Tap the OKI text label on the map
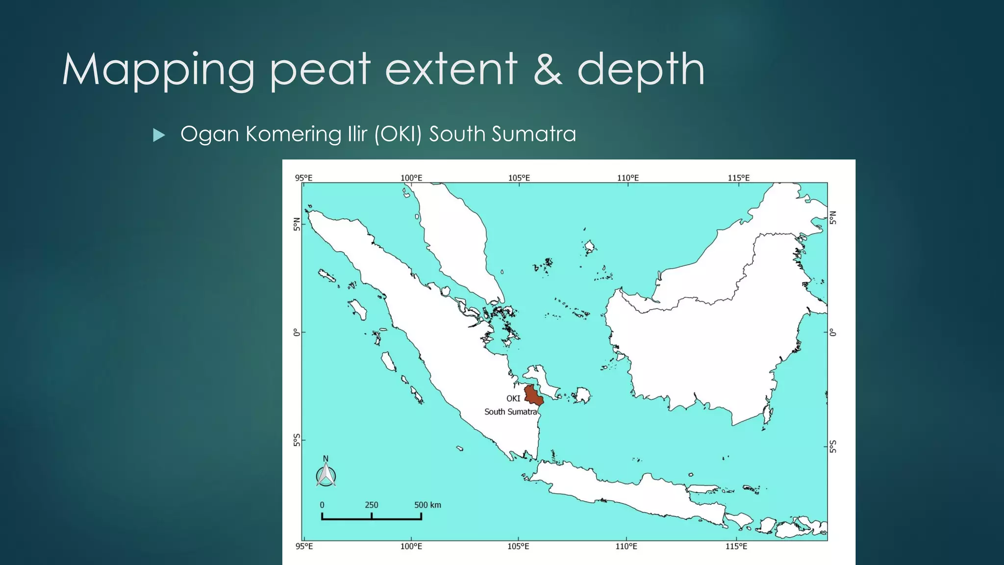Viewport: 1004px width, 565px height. click(513, 398)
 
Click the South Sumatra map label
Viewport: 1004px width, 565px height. click(510, 412)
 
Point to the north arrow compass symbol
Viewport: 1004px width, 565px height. click(326, 473)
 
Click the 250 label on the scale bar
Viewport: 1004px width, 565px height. click(371, 505)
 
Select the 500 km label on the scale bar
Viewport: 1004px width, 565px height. click(427, 505)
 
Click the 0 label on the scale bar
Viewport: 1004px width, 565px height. click(322, 505)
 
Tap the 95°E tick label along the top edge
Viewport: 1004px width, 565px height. click(303, 178)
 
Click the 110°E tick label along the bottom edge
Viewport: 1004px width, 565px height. click(627, 546)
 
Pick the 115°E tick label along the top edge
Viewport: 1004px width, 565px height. click(738, 178)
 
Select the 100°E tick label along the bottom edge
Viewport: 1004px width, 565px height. click(411, 546)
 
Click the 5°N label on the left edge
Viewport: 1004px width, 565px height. click(296, 224)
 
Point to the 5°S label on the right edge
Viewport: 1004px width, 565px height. click(833, 446)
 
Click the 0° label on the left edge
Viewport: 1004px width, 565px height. click(296, 333)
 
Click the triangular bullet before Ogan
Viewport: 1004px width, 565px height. click(159, 135)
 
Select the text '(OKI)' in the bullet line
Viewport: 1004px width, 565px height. click(398, 134)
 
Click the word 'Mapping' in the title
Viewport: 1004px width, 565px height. click(158, 71)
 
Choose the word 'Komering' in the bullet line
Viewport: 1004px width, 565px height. click(293, 134)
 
